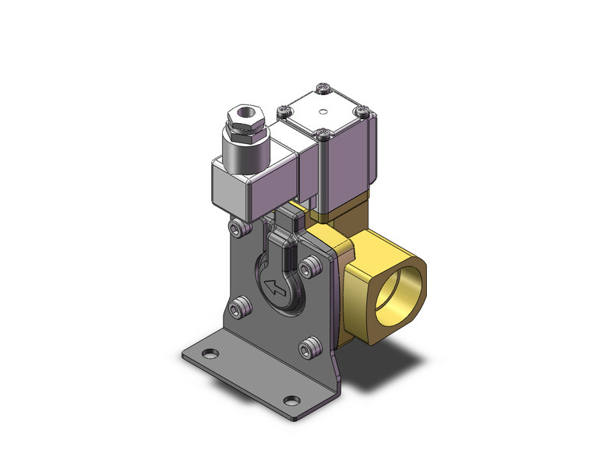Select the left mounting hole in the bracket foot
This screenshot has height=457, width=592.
click(x=208, y=356)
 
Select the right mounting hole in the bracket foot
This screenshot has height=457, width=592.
click(x=291, y=403)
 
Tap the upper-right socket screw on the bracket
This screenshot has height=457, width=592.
click(x=313, y=265)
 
